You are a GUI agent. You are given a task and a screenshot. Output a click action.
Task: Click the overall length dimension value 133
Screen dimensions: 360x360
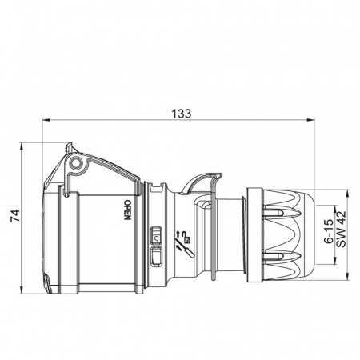point(181,114)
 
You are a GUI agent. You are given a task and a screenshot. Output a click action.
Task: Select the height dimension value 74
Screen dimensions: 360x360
point(15,216)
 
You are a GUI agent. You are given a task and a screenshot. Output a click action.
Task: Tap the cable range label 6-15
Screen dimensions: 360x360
point(329,231)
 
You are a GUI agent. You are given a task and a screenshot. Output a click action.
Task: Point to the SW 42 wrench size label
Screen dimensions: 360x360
point(341,229)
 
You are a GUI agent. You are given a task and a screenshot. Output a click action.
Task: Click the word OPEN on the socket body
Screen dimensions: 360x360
point(127,210)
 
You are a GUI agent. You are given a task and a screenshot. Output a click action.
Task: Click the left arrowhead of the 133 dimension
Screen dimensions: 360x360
point(46,120)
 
